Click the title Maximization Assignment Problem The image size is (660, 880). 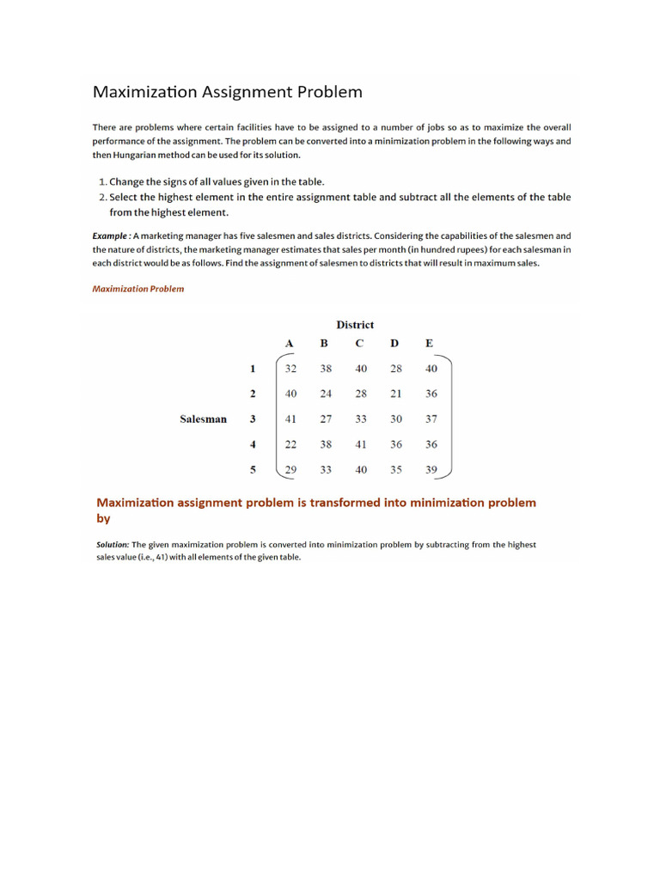click(227, 92)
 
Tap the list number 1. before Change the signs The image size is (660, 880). click(103, 181)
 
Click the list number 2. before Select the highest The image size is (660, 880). click(103, 197)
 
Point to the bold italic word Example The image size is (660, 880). click(111, 235)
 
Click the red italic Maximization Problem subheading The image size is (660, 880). click(137, 289)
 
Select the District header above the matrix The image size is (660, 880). click(355, 325)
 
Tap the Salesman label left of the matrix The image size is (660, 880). click(204, 419)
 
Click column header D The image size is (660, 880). click(394, 344)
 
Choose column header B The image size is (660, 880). click(324, 344)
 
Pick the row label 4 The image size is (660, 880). click(253, 444)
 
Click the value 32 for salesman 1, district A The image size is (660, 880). click(290, 369)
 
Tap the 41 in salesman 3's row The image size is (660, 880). click(290, 419)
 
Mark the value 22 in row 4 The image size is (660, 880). click(290, 444)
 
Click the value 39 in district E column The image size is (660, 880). click(431, 470)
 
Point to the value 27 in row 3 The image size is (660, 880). click(325, 419)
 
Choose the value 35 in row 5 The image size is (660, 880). click(394, 470)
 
